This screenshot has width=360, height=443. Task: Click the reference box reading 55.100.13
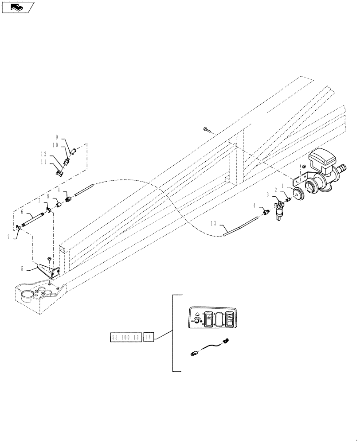(125, 338)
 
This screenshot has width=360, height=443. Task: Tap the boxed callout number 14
(148, 338)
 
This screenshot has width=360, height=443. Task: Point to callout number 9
(57, 137)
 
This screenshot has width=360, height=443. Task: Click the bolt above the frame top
(207, 130)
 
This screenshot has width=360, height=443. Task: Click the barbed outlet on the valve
(341, 169)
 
